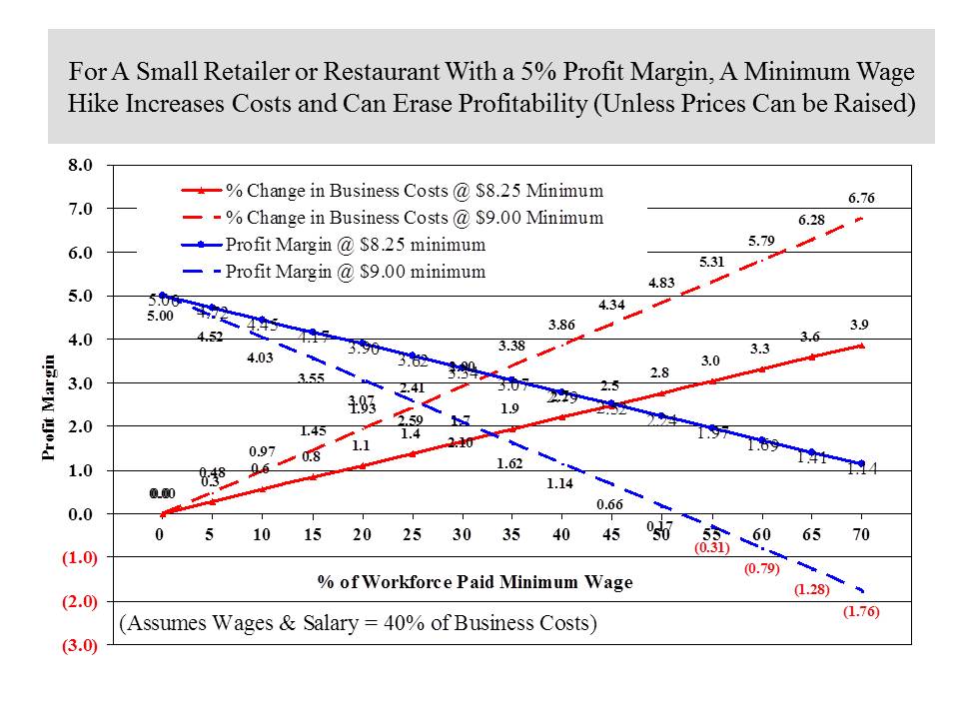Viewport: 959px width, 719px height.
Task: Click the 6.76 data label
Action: tap(862, 199)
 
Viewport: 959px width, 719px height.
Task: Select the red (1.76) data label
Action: tap(860, 612)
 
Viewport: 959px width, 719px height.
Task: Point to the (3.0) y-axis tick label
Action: tap(77, 645)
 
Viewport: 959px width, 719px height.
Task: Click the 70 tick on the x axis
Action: tap(861, 535)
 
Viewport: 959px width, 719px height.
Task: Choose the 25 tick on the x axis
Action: tap(412, 535)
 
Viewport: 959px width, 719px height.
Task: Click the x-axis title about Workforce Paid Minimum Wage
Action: tap(475, 582)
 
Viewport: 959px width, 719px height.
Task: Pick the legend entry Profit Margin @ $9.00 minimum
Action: tap(356, 271)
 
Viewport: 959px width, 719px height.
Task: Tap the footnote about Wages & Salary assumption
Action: tap(358, 624)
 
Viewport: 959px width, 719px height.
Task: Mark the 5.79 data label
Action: tap(762, 241)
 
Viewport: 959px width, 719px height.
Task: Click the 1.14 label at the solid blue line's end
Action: tap(862, 469)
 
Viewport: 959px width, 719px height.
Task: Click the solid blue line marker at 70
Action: tap(861, 463)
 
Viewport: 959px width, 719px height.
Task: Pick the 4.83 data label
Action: tap(661, 283)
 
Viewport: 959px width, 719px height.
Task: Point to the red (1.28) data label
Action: tap(812, 590)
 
